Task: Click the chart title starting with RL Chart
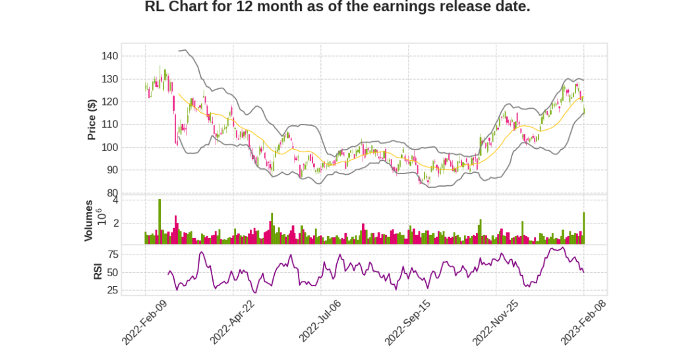(x=337, y=7)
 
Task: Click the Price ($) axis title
(x=92, y=119)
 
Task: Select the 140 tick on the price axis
(x=109, y=57)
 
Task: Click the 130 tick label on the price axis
(x=109, y=79)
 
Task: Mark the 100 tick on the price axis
(x=109, y=147)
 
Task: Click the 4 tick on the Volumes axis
(x=115, y=200)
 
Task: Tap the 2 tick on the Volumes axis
(x=115, y=224)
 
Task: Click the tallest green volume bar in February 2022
(x=160, y=222)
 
